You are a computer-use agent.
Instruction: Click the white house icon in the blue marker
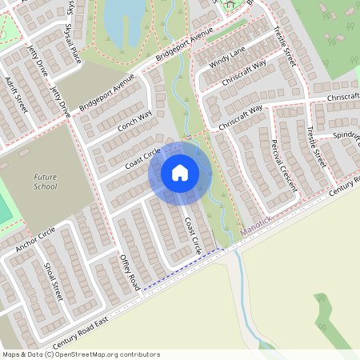click(x=180, y=172)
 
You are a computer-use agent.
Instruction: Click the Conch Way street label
click(x=134, y=121)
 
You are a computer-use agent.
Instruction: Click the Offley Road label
click(x=130, y=271)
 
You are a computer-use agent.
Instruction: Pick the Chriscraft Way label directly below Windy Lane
click(x=245, y=71)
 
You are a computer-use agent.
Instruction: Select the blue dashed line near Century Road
click(x=180, y=270)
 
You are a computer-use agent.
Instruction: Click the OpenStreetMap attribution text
click(x=80, y=354)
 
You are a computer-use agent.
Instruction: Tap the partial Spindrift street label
click(x=347, y=135)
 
